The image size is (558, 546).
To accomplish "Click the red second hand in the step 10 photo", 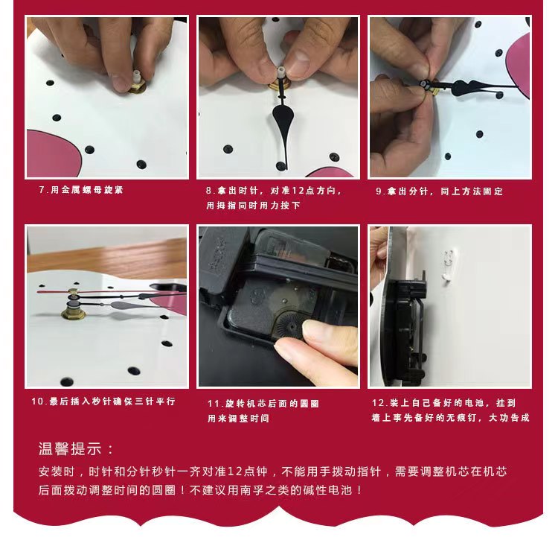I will coord(112,291).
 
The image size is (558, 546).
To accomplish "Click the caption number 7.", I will coord(42,190).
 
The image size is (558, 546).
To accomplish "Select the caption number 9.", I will coord(379,191).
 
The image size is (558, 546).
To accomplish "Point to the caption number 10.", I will coord(37,401).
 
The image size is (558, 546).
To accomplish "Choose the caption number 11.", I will coord(213,403).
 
